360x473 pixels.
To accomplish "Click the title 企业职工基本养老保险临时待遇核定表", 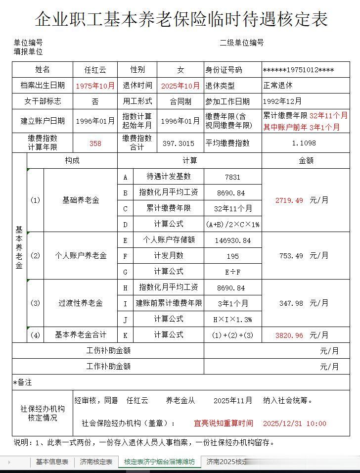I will point(181,19).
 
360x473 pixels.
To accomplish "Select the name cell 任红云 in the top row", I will point(95,70).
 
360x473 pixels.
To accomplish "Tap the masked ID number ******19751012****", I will point(298,70).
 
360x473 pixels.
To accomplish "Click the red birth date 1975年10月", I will point(95,86).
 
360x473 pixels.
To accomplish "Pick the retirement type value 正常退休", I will point(278,86).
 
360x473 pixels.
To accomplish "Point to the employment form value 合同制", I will point(180,101).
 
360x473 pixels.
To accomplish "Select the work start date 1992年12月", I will point(282,101).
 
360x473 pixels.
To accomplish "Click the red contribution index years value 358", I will point(95,143).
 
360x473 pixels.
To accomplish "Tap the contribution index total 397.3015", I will point(179,143).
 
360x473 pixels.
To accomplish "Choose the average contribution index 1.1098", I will point(304,143).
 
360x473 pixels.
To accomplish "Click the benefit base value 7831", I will point(232,177).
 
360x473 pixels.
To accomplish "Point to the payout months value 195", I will point(232,256).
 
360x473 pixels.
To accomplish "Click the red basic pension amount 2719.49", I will point(289,200).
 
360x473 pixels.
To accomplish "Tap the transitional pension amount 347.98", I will point(291,303).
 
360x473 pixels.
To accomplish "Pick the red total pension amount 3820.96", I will point(289,335).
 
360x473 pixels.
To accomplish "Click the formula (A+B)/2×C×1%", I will point(232,224).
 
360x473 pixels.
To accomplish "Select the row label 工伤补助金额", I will point(108,351).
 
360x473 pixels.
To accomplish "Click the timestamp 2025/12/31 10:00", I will point(294,424).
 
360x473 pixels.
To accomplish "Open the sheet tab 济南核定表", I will point(96,462).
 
